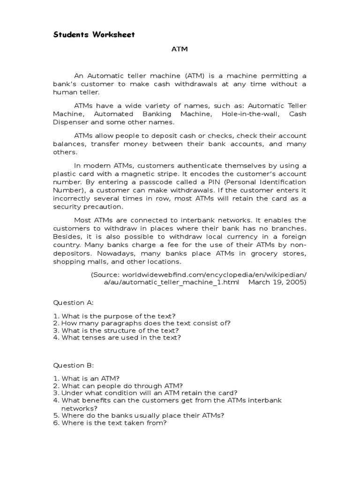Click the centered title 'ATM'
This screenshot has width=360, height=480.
tap(180, 49)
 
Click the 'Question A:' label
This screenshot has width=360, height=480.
tap(73, 303)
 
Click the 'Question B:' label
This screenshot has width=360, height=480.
tap(73, 364)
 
